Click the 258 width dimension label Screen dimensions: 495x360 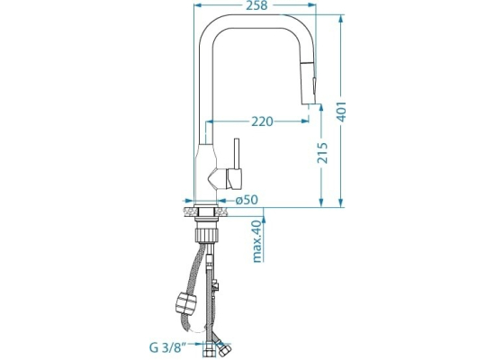[x=256, y=5]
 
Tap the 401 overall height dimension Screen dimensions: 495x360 [x=342, y=112]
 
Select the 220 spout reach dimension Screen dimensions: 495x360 [x=262, y=121]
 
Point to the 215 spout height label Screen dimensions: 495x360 [x=322, y=153]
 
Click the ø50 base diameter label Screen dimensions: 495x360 [x=247, y=200]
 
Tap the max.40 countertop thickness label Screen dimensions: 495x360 [x=257, y=241]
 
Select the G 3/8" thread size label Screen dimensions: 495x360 [x=166, y=347]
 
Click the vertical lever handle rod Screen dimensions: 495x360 [x=237, y=154]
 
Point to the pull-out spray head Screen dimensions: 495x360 [x=309, y=83]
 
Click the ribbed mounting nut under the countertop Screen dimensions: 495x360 [x=207, y=235]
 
